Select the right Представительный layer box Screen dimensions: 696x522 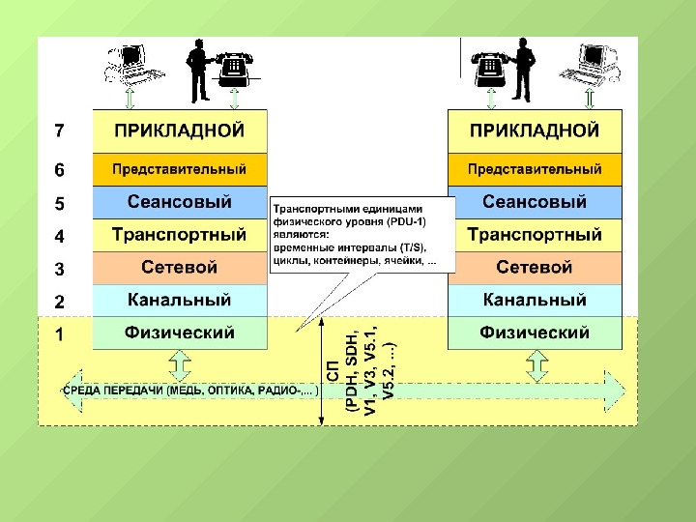click(535, 169)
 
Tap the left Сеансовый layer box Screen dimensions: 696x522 click(179, 202)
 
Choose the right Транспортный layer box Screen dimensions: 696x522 click(535, 235)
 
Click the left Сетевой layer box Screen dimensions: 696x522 click(179, 268)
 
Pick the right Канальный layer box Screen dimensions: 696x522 click(535, 301)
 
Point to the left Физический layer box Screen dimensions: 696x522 click(179, 333)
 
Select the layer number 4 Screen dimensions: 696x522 click(59, 236)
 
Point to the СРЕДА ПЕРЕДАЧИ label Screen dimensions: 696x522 click(189, 391)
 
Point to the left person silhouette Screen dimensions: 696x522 click(200, 70)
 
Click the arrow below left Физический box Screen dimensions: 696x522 click(180, 364)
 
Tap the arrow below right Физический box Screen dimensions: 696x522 click(535, 364)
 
